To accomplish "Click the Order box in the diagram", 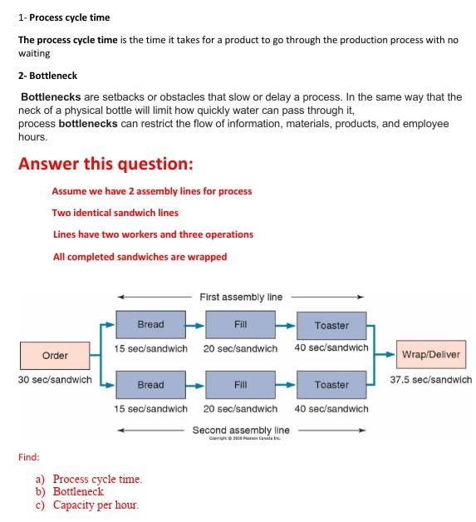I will point(55,355).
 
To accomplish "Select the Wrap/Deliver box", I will point(431,355).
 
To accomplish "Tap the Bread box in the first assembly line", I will point(150,325).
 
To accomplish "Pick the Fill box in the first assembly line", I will point(241,325).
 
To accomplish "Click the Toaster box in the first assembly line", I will point(331,326).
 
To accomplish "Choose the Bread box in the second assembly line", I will point(150,385).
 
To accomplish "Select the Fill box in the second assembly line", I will point(241,385).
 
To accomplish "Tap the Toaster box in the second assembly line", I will point(331,385).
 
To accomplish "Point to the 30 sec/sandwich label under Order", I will point(55,380).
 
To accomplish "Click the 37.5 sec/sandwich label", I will point(431,380).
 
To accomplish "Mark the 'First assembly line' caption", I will point(241,297).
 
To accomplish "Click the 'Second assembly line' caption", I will point(241,430).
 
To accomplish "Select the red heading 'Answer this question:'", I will point(106,163).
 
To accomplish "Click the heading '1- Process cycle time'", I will point(64,17).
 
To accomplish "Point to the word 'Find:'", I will point(29,456).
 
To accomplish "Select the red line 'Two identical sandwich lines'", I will point(115,213).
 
